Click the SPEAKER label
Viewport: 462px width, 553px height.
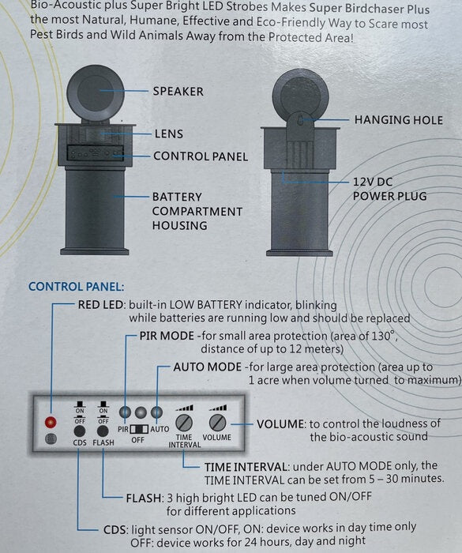[x=178, y=92]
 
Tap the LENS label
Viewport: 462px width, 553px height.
[x=169, y=134]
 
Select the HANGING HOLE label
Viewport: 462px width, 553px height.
[x=399, y=120]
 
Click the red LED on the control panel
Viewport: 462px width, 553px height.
[x=51, y=422]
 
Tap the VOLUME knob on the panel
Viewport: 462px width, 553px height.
[x=218, y=422]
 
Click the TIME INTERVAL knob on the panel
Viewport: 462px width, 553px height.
[x=184, y=423]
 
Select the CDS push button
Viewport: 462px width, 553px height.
[x=80, y=431]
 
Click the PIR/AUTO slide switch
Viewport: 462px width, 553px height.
[x=139, y=429]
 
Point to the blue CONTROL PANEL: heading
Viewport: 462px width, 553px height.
[x=76, y=287]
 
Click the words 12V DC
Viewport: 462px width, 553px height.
[x=373, y=182]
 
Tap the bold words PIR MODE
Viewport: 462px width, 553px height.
[x=167, y=336]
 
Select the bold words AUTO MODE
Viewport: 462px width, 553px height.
[x=208, y=367]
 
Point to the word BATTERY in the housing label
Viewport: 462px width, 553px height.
[x=177, y=197]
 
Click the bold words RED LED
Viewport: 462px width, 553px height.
[x=101, y=305]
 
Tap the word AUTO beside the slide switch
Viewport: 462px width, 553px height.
[x=160, y=429]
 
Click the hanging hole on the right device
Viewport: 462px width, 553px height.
[x=299, y=121]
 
